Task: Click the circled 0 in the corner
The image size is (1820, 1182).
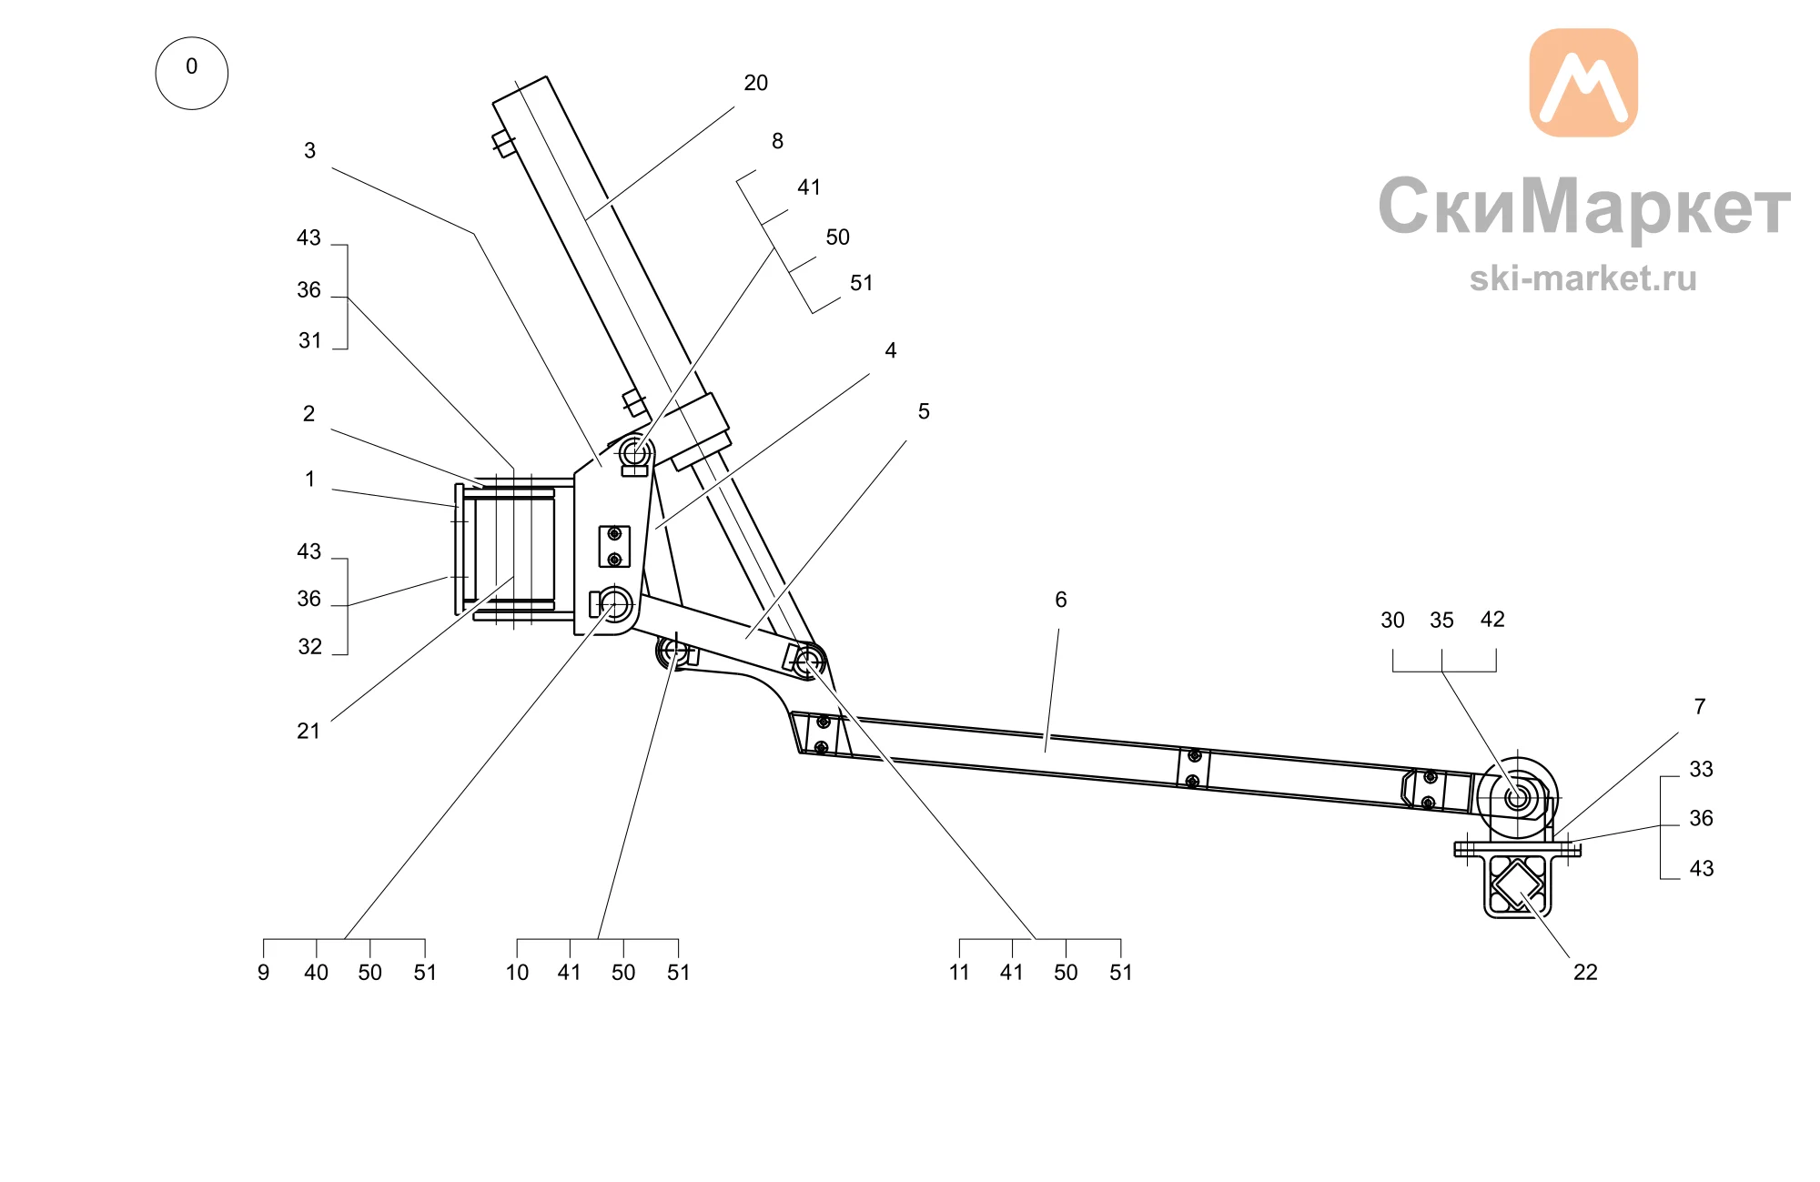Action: (x=191, y=73)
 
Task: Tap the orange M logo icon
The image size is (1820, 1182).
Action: (x=1583, y=83)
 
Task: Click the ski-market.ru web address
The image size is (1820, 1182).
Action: (x=1583, y=278)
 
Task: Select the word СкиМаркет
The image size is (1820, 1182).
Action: (x=1584, y=207)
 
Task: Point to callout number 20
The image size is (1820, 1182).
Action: (x=756, y=83)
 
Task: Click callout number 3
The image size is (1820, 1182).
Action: (x=309, y=150)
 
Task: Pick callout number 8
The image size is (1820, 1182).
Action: (x=777, y=141)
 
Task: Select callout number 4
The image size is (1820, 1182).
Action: (x=891, y=350)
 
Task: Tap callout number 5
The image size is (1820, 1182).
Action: (x=924, y=411)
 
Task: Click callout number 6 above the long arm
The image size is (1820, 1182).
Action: (x=1061, y=600)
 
